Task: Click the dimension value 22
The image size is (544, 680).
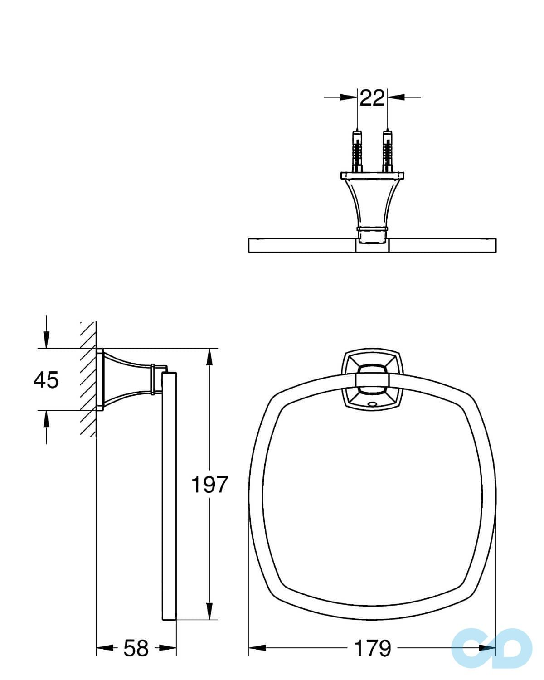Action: coord(372,97)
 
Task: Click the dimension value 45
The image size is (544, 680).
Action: coord(46,379)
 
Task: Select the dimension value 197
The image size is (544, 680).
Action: coord(209,485)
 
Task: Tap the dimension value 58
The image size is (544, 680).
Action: coord(136,648)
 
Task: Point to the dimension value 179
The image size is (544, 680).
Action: coord(372,648)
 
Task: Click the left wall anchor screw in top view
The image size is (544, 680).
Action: coord(357,151)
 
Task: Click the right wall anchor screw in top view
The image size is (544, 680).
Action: coord(387,151)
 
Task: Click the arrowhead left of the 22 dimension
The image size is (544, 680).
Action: coord(349,97)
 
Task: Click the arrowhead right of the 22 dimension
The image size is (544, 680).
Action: coord(396,97)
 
